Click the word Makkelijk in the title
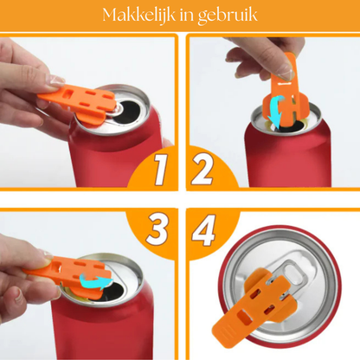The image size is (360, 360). pos(139,15)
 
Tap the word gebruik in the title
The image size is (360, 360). pos(228,16)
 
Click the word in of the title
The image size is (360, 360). pos(187,15)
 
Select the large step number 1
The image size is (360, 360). pos(160,170)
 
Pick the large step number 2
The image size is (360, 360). pos(202,169)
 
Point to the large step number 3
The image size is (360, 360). pos(157,229)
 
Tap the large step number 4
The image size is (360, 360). pos(204,230)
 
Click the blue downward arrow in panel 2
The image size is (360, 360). pos(275,112)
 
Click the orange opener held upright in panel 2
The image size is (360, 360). pos(284,93)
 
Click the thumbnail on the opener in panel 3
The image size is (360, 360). pos(47,255)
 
